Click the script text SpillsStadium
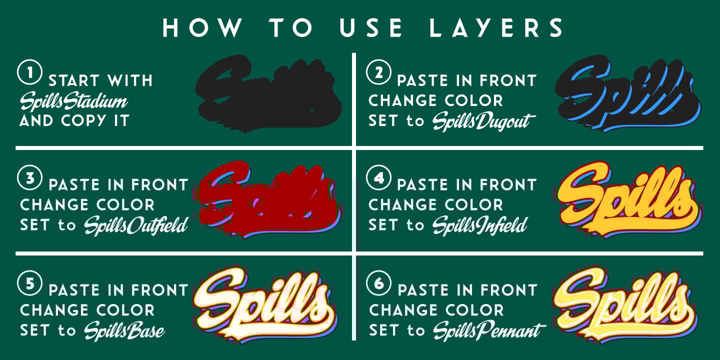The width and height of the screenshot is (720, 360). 73,101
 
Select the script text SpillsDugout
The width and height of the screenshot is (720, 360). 483,121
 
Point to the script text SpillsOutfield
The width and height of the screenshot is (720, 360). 135,226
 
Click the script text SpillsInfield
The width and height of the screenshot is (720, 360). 479,226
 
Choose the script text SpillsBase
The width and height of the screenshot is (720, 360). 124,331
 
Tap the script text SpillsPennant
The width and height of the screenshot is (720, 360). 488,331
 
